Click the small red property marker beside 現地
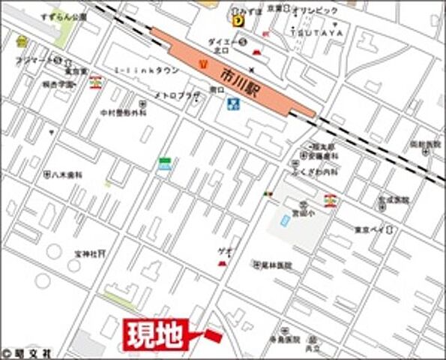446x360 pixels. point(213,334)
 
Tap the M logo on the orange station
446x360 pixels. point(202,62)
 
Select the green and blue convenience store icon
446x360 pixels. point(164,163)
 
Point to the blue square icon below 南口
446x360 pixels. point(232,103)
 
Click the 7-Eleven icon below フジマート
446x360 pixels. point(95,81)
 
